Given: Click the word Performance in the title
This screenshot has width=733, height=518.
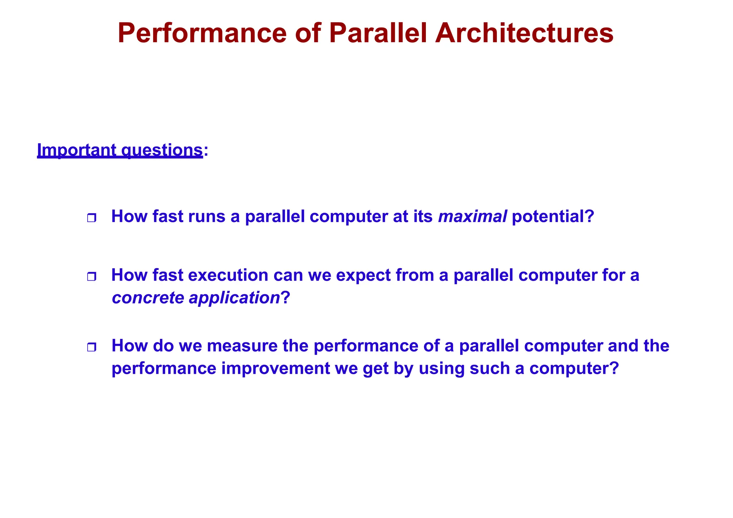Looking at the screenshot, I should coord(202,33).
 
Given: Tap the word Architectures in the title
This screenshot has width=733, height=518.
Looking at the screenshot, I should coord(524,33).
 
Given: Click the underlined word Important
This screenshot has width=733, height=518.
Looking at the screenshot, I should coord(77,150).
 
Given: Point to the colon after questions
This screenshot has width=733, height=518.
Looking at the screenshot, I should coord(206,151).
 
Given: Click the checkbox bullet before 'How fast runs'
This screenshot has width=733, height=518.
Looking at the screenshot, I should coord(92,218).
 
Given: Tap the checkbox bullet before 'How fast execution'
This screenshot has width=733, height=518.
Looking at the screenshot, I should coord(92,277).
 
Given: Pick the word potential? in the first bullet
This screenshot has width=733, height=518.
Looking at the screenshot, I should coord(553,216).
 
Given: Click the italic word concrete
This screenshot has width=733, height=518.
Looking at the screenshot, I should coord(148,298).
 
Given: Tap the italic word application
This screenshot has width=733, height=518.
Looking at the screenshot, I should coord(234,298).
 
